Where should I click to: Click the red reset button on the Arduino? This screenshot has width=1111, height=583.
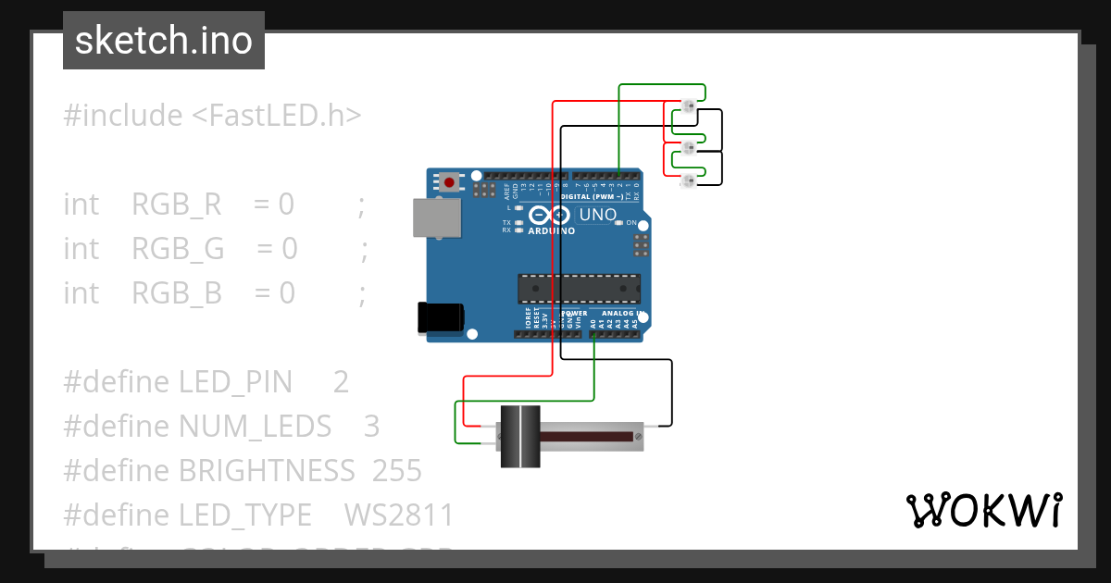[449, 182]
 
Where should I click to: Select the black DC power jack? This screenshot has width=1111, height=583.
[441, 317]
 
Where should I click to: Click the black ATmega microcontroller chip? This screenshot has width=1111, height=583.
[579, 289]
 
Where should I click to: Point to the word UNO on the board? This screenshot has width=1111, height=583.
[597, 215]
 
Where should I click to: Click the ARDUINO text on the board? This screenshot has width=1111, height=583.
[551, 231]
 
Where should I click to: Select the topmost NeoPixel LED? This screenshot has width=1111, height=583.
[688, 108]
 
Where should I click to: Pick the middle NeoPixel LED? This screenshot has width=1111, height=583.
[688, 147]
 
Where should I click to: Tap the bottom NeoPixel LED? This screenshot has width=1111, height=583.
[688, 181]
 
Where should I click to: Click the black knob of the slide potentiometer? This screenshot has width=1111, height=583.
[520, 436]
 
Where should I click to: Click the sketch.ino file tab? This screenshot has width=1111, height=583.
[164, 41]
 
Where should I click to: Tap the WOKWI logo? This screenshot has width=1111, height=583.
[983, 511]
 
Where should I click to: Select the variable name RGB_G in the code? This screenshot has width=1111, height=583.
[178, 249]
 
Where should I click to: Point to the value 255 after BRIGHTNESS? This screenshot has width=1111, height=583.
[397, 471]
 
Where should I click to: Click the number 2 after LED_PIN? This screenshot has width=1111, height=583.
[341, 382]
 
